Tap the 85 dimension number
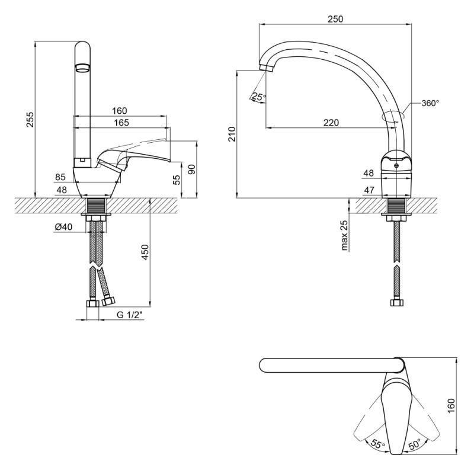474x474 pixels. pyautogui.click(x=60, y=177)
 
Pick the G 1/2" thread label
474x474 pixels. pyautogui.click(x=129, y=315)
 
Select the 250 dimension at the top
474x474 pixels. pyautogui.click(x=335, y=19)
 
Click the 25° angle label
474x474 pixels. pyautogui.click(x=258, y=97)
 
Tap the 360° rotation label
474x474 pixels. pyautogui.click(x=430, y=103)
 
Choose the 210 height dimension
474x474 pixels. pyautogui.click(x=232, y=134)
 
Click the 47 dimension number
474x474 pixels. pyautogui.click(x=368, y=190)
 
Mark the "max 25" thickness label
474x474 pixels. pyautogui.click(x=345, y=235)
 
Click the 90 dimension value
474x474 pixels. pyautogui.click(x=191, y=169)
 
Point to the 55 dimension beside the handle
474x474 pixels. pyautogui.click(x=177, y=180)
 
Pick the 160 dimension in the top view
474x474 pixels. pyautogui.click(x=451, y=406)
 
